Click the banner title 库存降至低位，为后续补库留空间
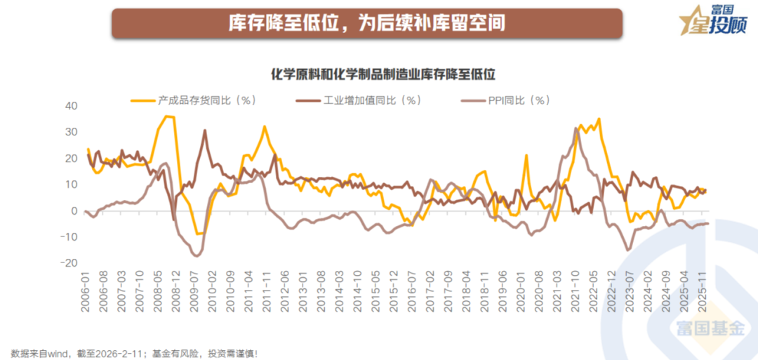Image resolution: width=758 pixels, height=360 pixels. (x=366, y=24)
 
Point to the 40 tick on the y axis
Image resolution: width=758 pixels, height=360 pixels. (x=69, y=106)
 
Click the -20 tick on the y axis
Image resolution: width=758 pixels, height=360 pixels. (x=67, y=262)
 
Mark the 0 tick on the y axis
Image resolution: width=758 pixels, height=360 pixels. (x=72, y=211)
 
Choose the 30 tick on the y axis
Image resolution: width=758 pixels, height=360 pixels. (x=69, y=132)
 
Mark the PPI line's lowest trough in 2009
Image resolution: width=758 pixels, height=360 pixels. (x=196, y=256)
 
